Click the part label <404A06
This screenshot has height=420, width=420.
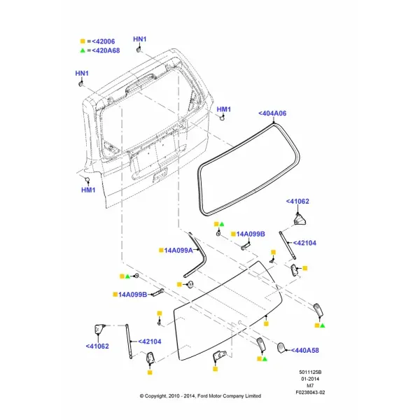point(272,113)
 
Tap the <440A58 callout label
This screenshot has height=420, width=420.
point(304,351)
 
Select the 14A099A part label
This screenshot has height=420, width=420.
point(178,251)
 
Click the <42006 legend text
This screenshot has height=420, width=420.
point(103,41)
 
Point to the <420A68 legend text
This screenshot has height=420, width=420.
point(106,50)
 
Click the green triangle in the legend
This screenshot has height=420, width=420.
point(83,50)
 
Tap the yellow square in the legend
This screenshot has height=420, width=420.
point(83,41)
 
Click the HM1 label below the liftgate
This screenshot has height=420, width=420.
point(88,190)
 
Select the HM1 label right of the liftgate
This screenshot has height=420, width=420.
point(224,109)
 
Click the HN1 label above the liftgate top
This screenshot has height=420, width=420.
point(140,39)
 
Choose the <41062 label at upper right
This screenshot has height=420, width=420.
point(297,202)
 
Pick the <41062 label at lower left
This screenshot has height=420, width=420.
point(97,346)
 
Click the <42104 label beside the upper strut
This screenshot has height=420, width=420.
point(304,243)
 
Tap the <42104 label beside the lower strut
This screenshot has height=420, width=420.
point(150,342)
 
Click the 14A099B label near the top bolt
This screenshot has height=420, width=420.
point(251,234)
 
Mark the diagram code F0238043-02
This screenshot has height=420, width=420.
point(310,393)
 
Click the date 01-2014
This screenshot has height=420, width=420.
point(310,379)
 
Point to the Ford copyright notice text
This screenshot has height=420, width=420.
point(200,396)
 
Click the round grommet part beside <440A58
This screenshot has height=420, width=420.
point(281,348)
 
